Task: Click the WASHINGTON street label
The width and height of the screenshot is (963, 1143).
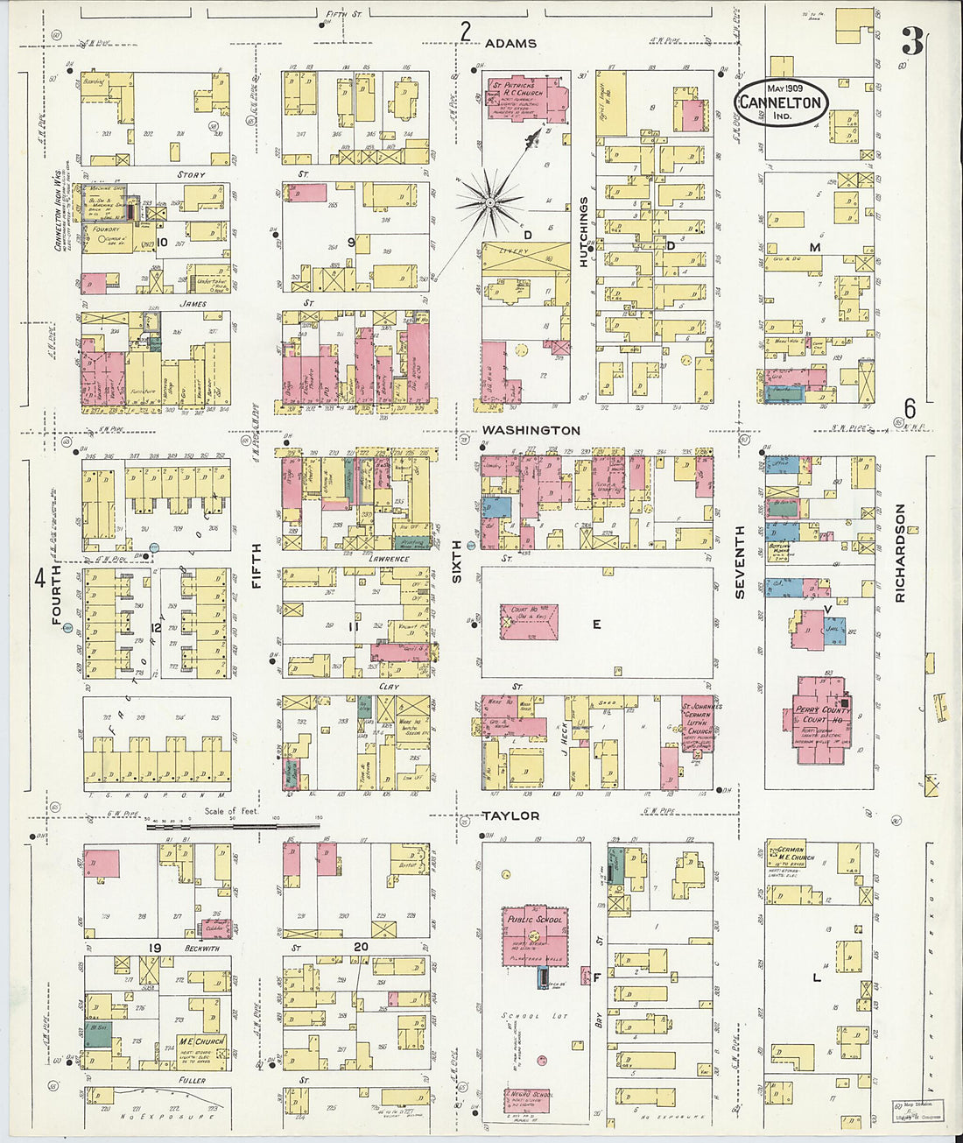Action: click(x=531, y=430)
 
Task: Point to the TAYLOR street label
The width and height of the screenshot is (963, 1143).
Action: click(x=510, y=815)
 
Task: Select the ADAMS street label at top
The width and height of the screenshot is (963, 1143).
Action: click(x=510, y=43)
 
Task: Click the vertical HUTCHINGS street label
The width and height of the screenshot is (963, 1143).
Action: click(x=584, y=232)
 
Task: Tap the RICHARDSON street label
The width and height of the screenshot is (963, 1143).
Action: click(x=901, y=552)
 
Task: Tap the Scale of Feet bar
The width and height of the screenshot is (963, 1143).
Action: click(x=232, y=825)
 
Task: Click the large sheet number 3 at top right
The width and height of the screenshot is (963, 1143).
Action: click(x=912, y=41)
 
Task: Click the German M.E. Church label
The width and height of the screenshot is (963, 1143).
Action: click(x=795, y=853)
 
